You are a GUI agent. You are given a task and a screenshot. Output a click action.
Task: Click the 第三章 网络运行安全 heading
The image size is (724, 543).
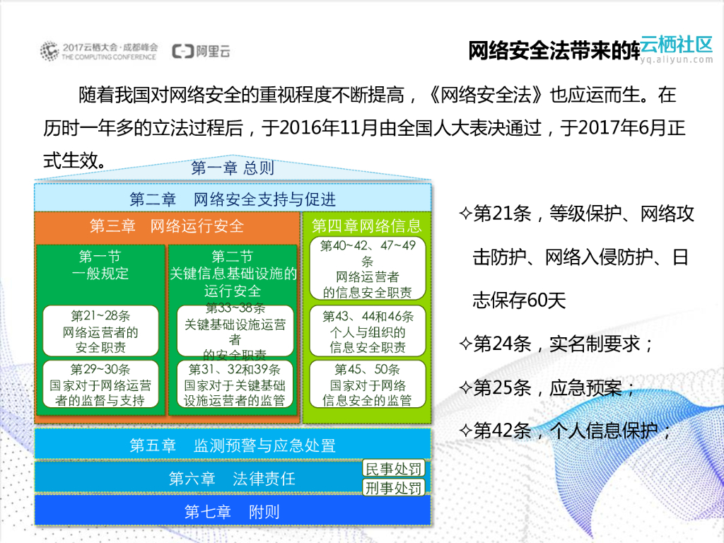tap(167, 226)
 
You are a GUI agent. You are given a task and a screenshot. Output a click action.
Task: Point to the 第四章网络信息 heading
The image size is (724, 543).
tap(366, 226)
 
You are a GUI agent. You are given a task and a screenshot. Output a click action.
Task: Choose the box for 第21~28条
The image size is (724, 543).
tap(100, 331)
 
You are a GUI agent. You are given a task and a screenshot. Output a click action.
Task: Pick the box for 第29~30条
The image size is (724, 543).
tap(100, 385)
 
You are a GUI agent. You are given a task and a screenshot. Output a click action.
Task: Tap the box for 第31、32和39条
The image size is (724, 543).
tap(235, 385)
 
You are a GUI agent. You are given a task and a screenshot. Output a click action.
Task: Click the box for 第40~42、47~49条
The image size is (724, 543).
tap(367, 268)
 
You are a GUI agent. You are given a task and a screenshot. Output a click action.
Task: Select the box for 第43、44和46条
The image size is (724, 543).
tap(367, 331)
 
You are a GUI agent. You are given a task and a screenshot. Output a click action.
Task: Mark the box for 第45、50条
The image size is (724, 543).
tap(367, 385)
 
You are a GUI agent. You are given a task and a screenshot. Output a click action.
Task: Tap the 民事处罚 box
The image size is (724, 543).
tap(393, 468)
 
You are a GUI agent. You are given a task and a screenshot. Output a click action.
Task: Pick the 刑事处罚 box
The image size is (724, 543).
tap(393, 488)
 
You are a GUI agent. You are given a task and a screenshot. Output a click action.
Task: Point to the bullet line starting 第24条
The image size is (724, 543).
tap(556, 344)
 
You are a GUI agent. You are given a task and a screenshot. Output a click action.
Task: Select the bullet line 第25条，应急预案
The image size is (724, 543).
tap(548, 387)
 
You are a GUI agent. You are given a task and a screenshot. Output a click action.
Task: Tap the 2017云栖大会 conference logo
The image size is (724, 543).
tap(98, 51)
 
